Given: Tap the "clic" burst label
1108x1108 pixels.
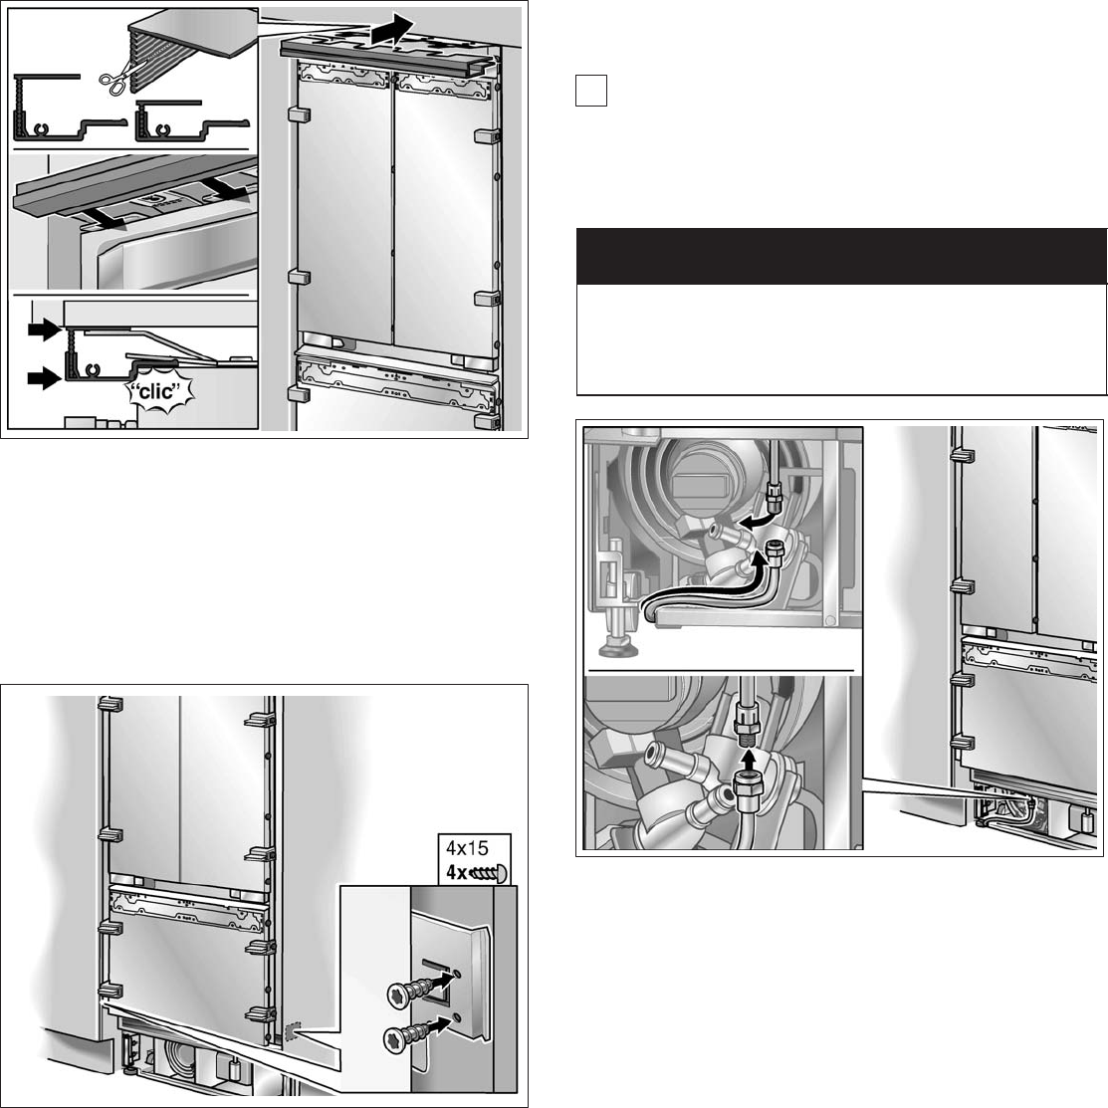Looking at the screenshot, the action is pyautogui.click(x=159, y=391).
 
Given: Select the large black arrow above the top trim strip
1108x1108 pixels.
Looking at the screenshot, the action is pyautogui.click(x=393, y=31).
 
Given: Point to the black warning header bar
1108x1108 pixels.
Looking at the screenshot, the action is pyautogui.click(x=841, y=257).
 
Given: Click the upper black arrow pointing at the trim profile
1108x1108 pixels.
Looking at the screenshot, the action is pyautogui.click(x=43, y=329).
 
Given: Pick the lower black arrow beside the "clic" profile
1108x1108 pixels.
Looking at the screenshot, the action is pyautogui.click(x=45, y=378).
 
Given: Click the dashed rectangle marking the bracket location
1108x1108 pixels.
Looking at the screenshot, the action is pyautogui.click(x=292, y=1031).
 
